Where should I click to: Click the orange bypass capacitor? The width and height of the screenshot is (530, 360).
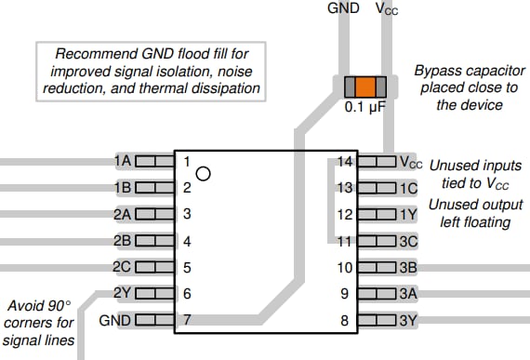[365, 88]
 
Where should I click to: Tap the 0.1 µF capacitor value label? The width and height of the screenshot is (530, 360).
[365, 109]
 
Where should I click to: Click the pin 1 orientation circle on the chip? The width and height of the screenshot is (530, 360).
[204, 172]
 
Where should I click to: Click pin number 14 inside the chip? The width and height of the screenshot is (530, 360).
[345, 162]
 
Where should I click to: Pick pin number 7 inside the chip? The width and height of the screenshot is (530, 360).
[187, 321]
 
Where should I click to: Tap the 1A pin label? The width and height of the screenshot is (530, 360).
[122, 161]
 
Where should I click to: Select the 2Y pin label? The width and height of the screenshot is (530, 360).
[122, 294]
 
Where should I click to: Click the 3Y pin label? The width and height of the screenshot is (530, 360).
[407, 321]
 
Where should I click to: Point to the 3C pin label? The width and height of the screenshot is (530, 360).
[407, 242]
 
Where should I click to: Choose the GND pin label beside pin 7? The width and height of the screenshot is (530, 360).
[115, 321]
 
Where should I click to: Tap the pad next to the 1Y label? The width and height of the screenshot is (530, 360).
[376, 215]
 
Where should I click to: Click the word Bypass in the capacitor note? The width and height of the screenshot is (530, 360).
[438, 71]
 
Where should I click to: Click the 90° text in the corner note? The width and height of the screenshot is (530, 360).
[54, 304]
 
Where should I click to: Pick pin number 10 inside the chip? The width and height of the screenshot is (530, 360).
[345, 268]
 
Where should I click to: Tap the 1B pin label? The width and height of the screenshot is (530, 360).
[122, 188]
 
